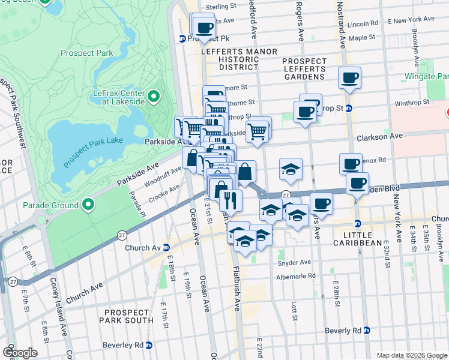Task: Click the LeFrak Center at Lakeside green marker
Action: tap(153, 97)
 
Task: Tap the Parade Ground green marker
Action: tap(88, 205)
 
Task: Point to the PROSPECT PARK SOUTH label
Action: tap(126, 317)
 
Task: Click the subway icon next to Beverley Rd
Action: tap(149, 345)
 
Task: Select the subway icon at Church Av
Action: tap(166, 247)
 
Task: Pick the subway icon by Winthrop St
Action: tap(348, 109)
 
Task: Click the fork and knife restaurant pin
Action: tap(231, 200)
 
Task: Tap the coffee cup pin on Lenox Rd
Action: tap(350, 163)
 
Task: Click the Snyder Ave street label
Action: tap(294, 262)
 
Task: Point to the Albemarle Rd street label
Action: tap(295, 276)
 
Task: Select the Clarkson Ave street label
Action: tap(379, 137)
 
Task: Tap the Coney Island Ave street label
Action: tap(62, 325)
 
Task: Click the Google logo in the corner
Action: tap(20, 353)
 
